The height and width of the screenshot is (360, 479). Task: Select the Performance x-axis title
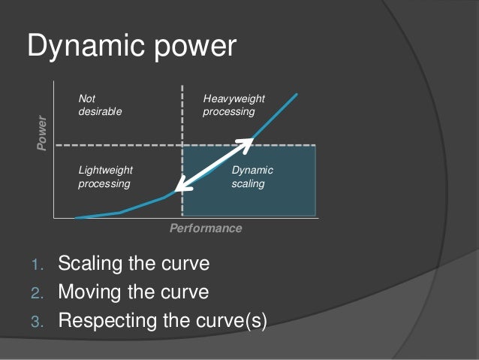click(x=205, y=228)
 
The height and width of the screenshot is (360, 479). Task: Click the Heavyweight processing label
click(x=233, y=105)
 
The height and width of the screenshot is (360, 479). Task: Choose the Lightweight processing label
click(x=105, y=177)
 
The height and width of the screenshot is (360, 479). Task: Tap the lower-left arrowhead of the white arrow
click(x=178, y=190)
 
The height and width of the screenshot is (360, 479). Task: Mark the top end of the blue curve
click(x=298, y=94)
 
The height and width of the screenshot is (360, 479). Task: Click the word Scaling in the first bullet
click(x=91, y=265)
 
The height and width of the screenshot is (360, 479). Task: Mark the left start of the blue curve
click(x=77, y=217)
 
